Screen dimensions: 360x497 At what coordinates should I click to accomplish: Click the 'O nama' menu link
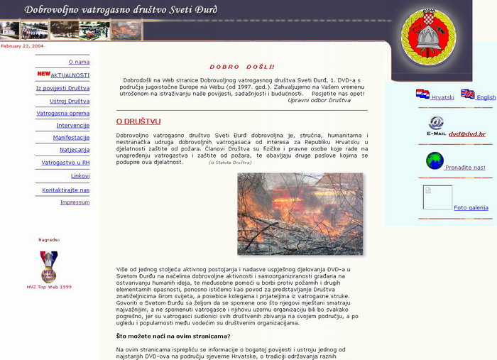click(x=79, y=62)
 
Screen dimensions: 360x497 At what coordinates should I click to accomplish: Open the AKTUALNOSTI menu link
click(x=70, y=75)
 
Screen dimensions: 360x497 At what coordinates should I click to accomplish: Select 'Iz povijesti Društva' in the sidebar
click(x=62, y=88)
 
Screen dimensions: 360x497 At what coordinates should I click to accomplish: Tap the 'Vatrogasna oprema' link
click(x=62, y=113)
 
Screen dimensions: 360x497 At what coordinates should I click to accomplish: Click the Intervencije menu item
click(x=72, y=125)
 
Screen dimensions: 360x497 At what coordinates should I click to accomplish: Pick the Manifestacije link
click(x=71, y=137)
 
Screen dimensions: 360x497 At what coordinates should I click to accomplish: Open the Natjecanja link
click(x=75, y=150)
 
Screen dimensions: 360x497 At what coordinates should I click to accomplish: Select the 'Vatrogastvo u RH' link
click(x=65, y=163)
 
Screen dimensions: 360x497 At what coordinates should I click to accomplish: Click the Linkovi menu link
click(x=80, y=175)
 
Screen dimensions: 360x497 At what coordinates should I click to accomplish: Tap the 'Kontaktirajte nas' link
click(x=65, y=190)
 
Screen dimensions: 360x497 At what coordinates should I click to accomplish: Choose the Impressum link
click(x=75, y=202)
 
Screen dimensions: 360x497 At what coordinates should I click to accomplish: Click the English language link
click(x=486, y=97)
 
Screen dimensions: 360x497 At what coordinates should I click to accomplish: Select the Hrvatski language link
click(x=442, y=97)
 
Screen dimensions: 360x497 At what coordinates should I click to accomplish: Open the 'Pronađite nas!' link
click(x=465, y=168)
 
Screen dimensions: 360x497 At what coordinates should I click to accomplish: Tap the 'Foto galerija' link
click(x=471, y=208)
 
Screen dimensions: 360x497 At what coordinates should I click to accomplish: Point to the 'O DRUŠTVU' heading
click(x=138, y=121)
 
